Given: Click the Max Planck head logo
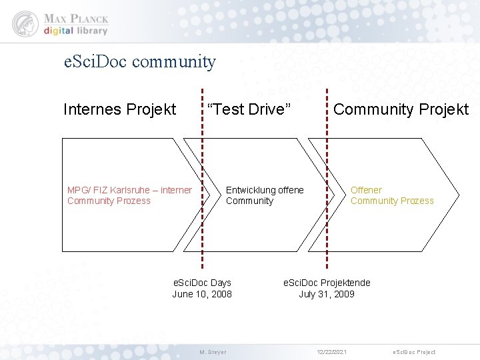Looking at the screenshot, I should click(25, 23).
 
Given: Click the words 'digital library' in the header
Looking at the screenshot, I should click(76, 31).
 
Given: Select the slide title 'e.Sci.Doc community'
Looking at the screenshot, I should click(139, 62).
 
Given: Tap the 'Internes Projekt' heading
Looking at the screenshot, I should click(119, 109).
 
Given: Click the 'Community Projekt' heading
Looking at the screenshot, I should click(401, 109).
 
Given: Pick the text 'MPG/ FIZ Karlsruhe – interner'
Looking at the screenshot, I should click(129, 190).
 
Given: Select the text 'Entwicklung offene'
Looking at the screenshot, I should click(265, 190).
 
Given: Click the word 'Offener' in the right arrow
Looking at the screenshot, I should click(366, 190).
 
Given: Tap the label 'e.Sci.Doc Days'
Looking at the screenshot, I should click(202, 283).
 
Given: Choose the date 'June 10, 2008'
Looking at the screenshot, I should click(202, 294).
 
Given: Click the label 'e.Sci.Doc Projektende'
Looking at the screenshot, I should click(327, 283).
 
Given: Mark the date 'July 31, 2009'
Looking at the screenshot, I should click(327, 294).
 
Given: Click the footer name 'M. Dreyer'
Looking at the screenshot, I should click(213, 352).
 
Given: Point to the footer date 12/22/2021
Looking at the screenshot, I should click(331, 352).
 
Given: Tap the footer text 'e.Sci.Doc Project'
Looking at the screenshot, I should click(414, 352).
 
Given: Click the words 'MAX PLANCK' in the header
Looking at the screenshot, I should click(76, 18).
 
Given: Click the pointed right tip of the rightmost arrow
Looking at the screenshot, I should click(458, 195).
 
